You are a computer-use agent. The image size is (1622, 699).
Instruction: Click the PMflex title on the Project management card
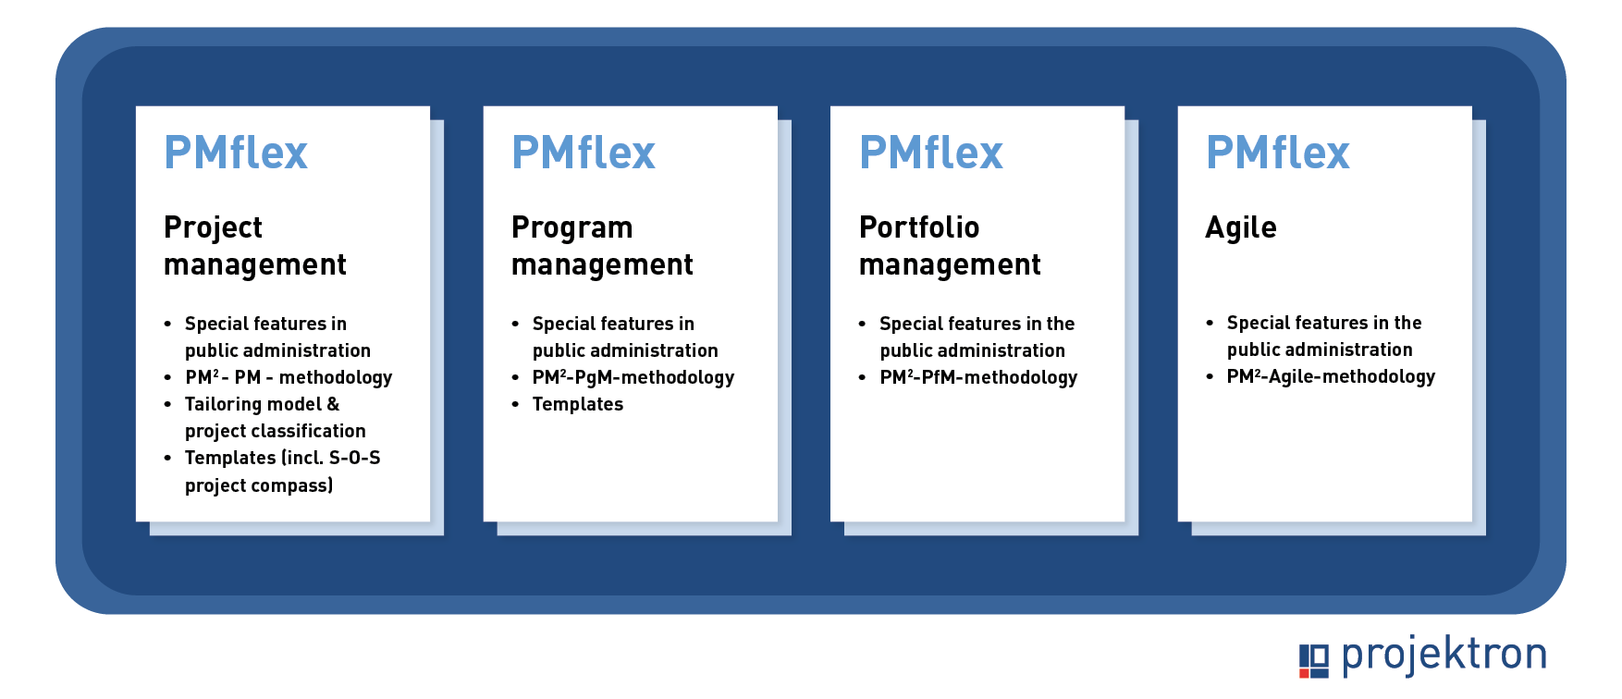coord(236,153)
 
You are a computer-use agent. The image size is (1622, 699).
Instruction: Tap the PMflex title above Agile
coord(1278,153)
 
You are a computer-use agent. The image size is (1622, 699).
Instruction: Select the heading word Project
coord(213,227)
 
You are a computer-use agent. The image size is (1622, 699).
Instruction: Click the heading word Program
coord(572,227)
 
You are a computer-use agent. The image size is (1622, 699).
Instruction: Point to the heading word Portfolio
coord(919,227)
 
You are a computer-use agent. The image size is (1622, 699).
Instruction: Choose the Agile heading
coord(1241,227)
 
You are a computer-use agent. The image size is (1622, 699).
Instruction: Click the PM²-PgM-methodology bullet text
coord(633,377)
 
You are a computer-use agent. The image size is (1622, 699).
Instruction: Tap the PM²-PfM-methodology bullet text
coord(978,377)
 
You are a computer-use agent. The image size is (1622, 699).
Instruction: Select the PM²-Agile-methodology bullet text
coord(1331,376)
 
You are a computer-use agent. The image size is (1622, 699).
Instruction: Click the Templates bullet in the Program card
coord(578,404)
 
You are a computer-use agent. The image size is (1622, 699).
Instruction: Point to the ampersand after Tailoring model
coord(333,404)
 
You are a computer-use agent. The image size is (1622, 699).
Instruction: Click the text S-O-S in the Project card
coord(355,458)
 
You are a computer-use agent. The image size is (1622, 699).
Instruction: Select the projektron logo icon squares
coord(1314,660)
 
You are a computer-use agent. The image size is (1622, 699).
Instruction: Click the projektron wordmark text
coord(1444,654)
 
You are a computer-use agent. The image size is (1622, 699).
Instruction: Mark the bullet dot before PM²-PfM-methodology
coord(862,377)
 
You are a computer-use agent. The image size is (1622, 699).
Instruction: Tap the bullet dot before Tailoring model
coord(167,404)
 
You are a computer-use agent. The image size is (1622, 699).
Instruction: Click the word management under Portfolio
coord(950,265)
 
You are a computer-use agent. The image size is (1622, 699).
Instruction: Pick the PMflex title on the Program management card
coord(584,153)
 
